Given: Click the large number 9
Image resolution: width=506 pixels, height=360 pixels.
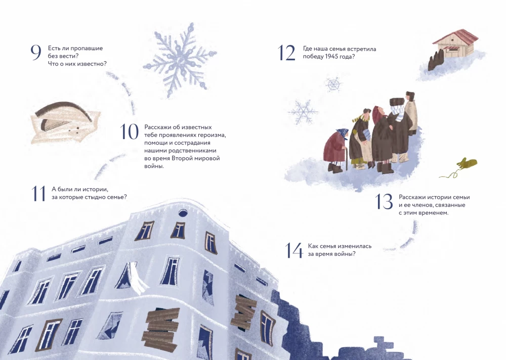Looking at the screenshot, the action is click(x=36, y=53).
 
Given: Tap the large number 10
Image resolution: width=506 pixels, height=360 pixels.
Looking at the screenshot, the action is click(x=130, y=131).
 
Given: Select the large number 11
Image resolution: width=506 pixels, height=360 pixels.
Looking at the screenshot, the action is click(x=38, y=194).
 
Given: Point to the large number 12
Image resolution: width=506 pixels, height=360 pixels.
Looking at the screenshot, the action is click(x=286, y=53).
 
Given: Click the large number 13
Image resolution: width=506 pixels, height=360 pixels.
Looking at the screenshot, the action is click(x=384, y=202).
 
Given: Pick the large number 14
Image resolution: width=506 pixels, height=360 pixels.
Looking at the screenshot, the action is click(x=294, y=251).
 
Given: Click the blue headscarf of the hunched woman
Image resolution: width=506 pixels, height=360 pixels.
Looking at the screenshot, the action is click(x=343, y=133).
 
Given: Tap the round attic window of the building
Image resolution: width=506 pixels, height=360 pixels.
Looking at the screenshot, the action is click(x=182, y=213).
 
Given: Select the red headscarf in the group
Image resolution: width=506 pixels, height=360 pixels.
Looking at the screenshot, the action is click(x=377, y=113).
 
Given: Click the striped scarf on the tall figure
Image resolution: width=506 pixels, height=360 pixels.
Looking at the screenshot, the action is click(x=396, y=114).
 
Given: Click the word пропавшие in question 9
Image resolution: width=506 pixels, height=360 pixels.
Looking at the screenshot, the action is click(x=88, y=49).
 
